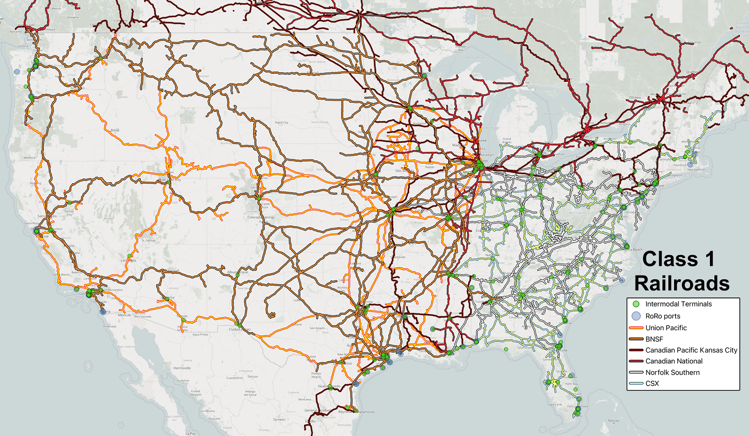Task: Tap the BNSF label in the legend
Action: (x=655, y=339)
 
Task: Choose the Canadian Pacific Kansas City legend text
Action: (x=691, y=350)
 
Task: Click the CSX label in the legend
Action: (x=652, y=384)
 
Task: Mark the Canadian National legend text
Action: (x=674, y=361)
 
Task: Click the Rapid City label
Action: (x=281, y=123)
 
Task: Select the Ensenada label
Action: (x=110, y=326)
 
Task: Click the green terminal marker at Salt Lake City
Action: (x=168, y=182)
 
